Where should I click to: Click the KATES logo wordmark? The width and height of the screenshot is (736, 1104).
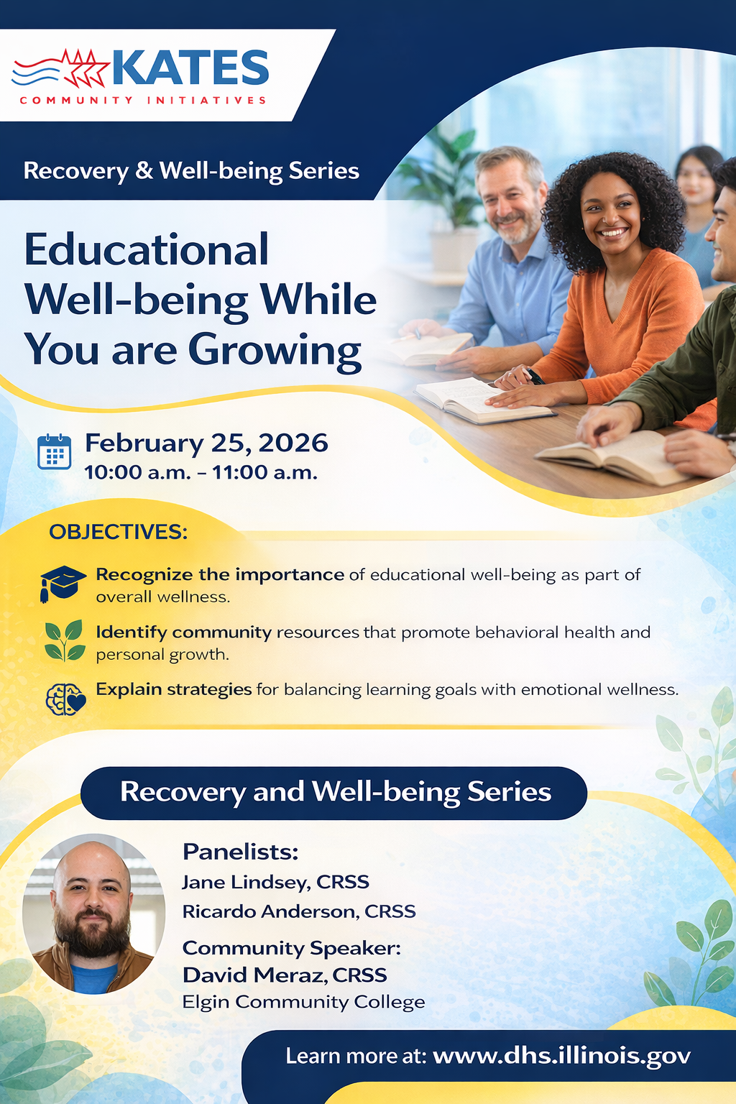pos(190,68)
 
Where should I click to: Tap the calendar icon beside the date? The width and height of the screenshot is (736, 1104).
pos(54,451)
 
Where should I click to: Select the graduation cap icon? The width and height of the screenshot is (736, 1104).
pos(62,582)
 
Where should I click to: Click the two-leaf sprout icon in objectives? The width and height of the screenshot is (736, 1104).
pos(64,640)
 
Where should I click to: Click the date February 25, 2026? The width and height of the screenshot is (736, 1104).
pos(206,443)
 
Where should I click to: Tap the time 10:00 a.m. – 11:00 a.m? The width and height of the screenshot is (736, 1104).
pos(201,473)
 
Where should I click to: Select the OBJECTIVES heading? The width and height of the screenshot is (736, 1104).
pos(118,532)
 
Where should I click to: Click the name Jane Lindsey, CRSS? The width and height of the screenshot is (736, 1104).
pos(275,882)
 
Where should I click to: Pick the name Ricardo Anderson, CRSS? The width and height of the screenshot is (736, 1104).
pos(299,911)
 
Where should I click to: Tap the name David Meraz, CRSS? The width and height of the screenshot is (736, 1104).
pos(285,975)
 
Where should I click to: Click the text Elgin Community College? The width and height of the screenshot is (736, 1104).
pos(303,1002)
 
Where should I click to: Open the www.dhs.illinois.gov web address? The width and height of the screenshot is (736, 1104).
pos(561,1055)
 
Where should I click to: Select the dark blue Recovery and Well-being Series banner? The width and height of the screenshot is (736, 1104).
pos(334,792)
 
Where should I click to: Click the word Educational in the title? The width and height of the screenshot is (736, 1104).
pos(147,250)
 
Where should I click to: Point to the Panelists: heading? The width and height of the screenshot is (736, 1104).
pos(240,852)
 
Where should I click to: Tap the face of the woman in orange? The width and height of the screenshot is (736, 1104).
pos(609,216)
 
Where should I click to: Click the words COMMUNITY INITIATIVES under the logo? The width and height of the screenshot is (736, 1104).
pos(143,100)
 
